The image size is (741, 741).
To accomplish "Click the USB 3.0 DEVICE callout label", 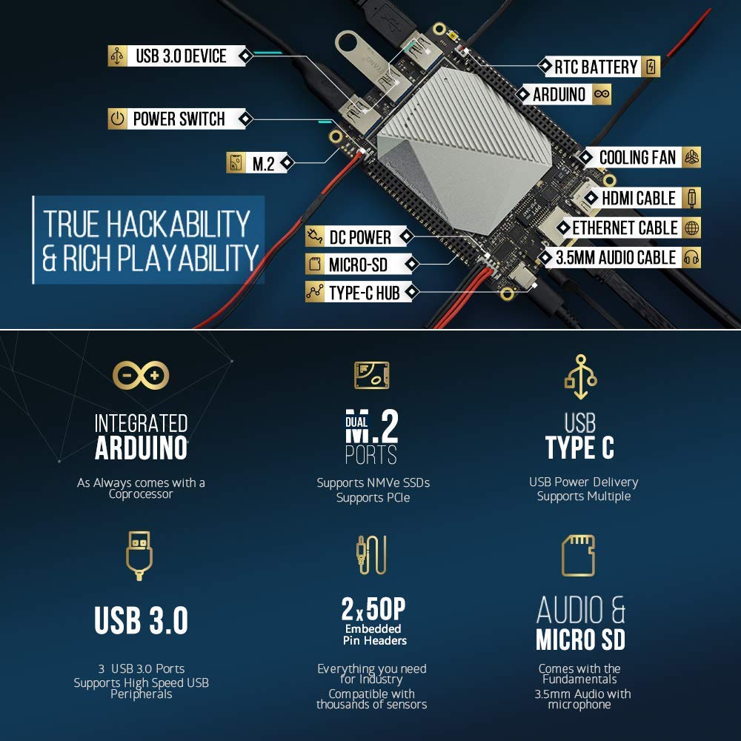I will (181, 56).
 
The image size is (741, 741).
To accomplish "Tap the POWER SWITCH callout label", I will (179, 119).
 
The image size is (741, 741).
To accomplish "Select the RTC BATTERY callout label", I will (596, 67).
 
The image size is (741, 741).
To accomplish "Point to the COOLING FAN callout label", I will (637, 157).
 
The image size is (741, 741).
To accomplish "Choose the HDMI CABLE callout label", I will (639, 198).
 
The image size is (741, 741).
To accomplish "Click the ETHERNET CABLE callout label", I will (625, 227).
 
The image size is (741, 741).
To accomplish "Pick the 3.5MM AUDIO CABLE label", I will (616, 257).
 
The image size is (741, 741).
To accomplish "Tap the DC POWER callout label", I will (359, 237).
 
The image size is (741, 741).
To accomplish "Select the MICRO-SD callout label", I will (358, 264).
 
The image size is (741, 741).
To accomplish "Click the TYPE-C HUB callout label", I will (364, 293).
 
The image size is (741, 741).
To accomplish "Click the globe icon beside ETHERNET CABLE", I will (691, 227).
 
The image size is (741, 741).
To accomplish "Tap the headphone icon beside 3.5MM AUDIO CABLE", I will (691, 257).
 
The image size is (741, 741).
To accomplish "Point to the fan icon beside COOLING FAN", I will (691, 157).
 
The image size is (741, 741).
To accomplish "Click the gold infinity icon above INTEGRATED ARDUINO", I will (141, 376).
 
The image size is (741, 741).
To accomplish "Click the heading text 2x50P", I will (373, 609).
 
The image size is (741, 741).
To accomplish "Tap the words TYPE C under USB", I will (579, 448).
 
